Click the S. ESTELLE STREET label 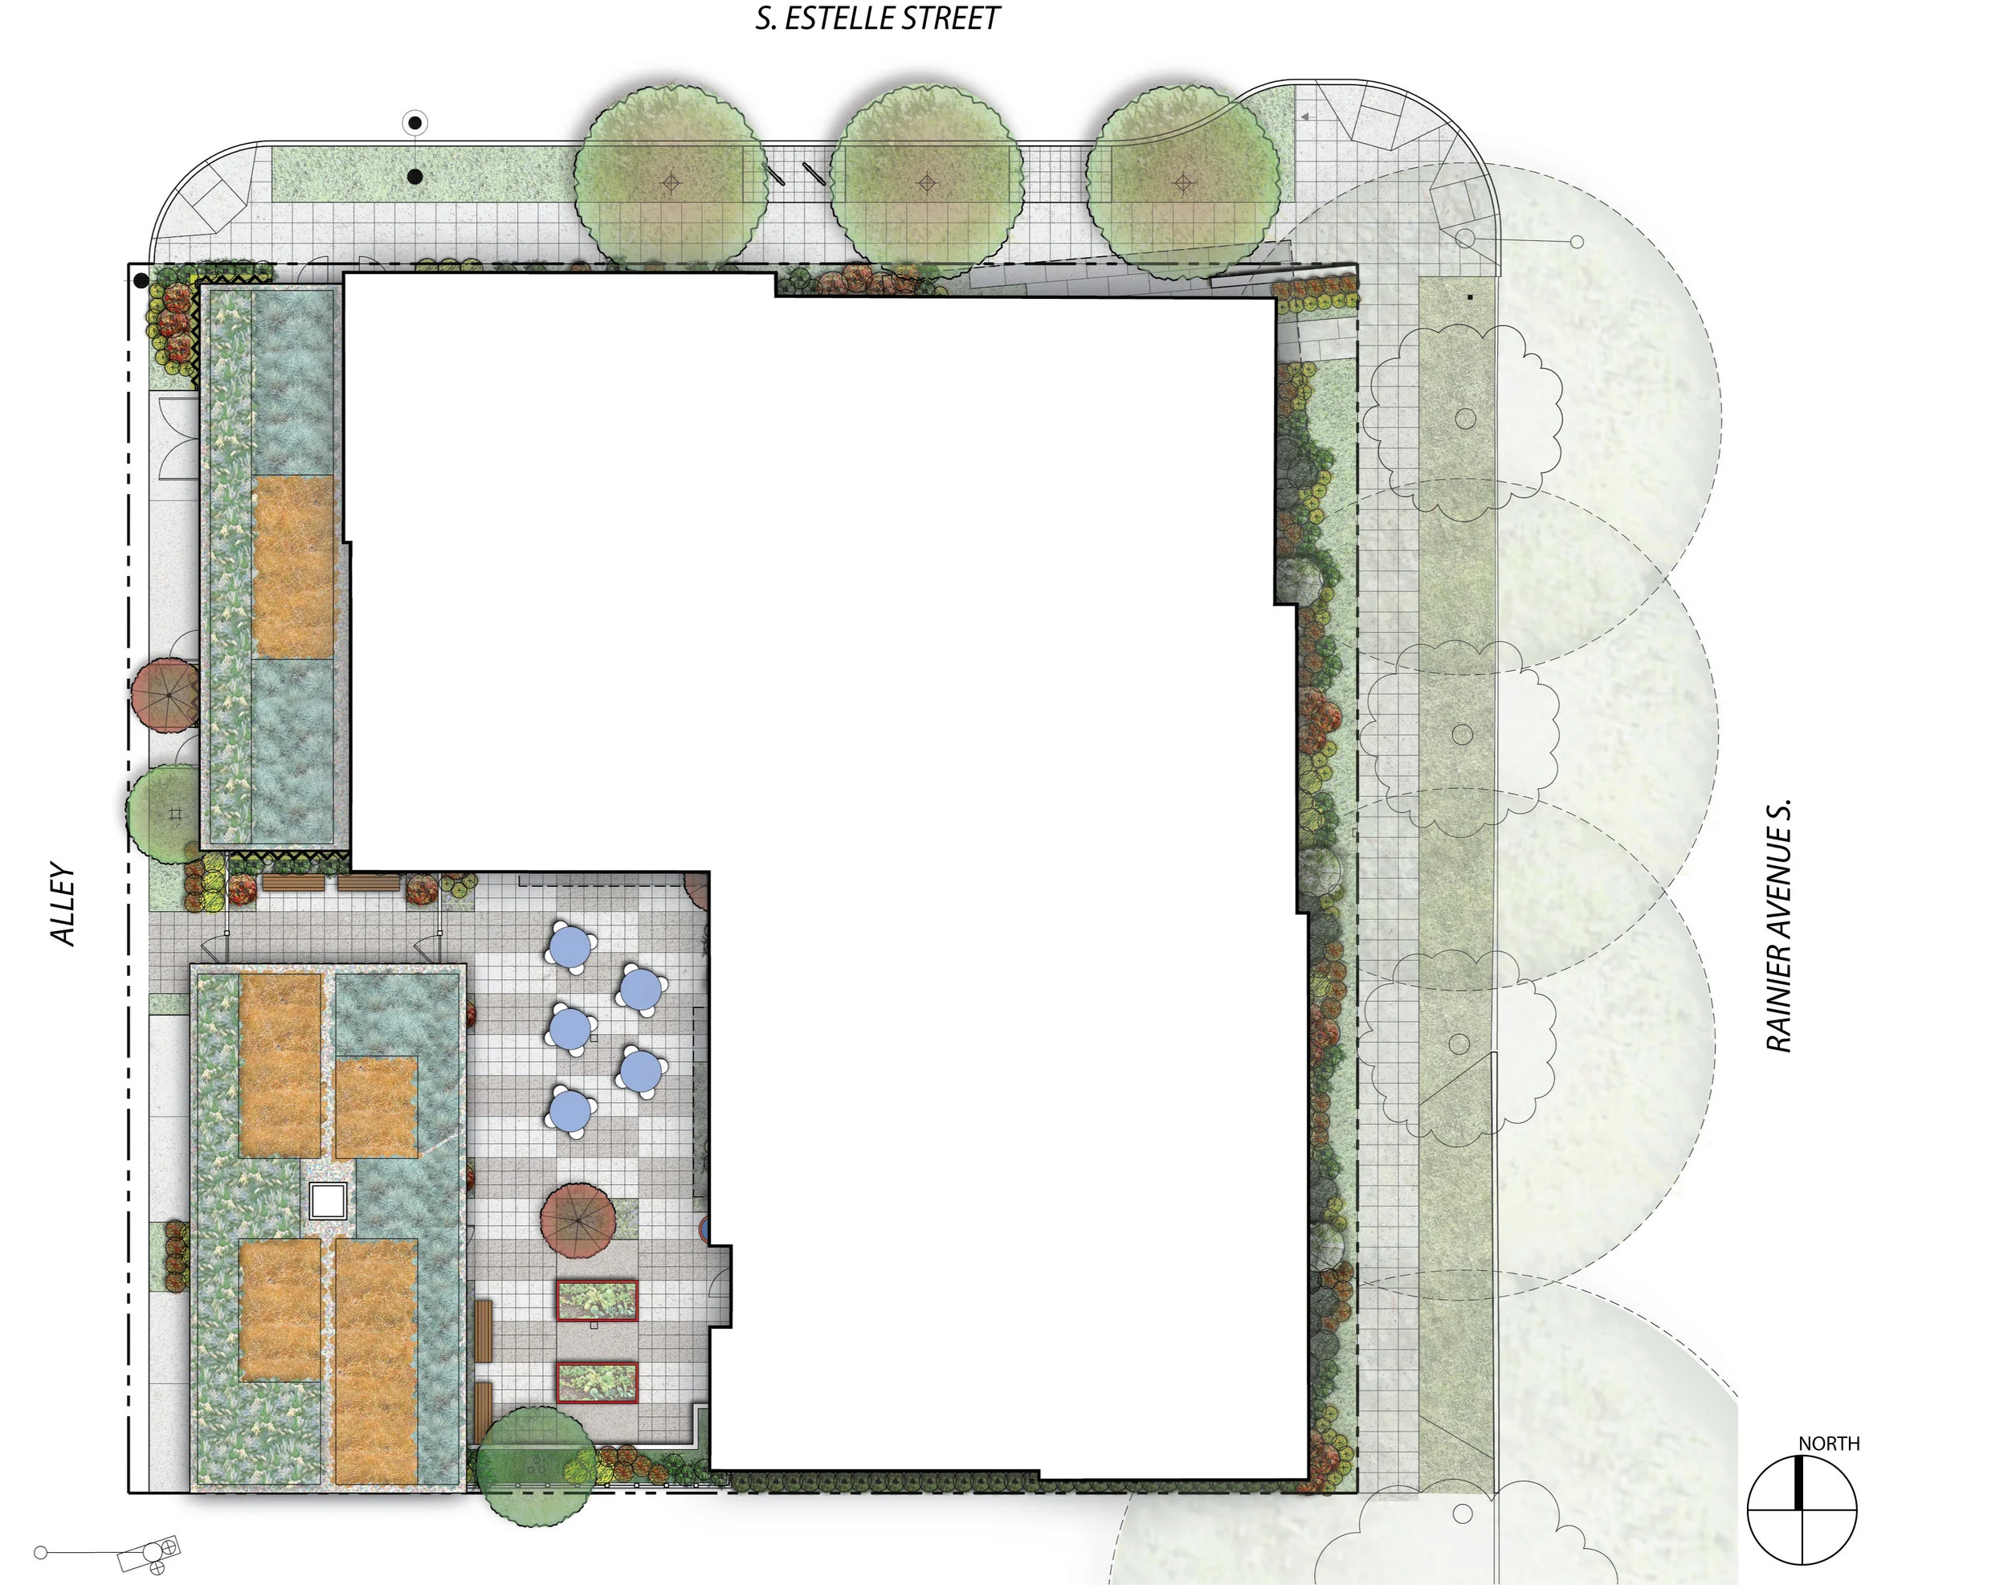(x=877, y=18)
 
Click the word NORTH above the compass (x=1828, y=1443)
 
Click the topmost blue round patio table (x=569, y=946)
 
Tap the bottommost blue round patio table (x=569, y=1110)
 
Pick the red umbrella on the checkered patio (x=578, y=1219)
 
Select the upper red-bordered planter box (x=597, y=1300)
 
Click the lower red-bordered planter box (x=597, y=1382)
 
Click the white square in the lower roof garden (x=328, y=1201)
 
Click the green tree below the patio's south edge (x=533, y=1466)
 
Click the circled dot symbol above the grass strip (x=414, y=122)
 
